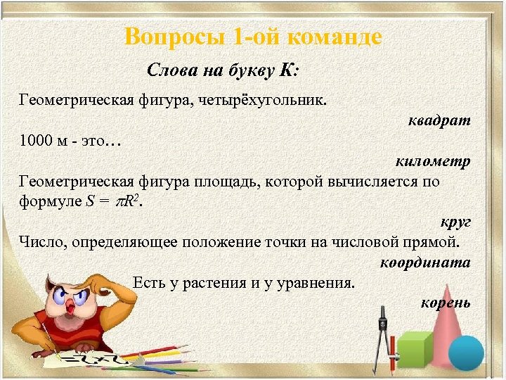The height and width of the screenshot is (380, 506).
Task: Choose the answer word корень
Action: [445, 303]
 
